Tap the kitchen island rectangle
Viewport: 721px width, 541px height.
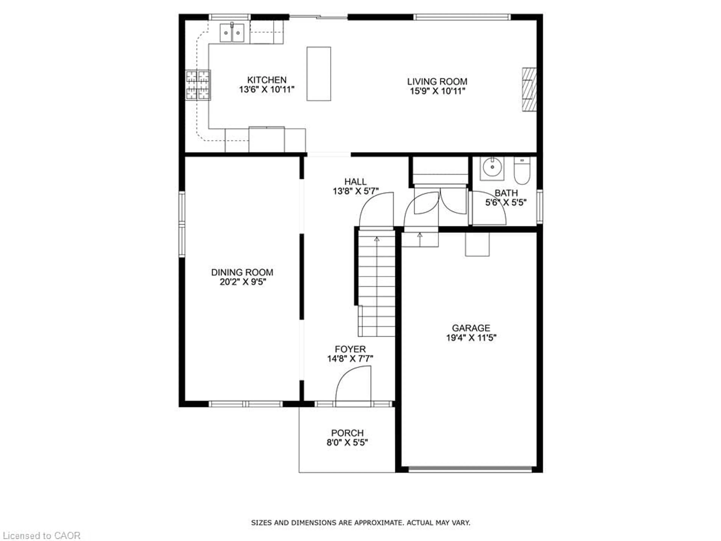coord(318,74)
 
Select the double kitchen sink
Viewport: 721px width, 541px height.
coord(232,33)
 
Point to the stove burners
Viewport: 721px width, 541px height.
coord(198,85)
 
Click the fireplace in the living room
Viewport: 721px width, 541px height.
coord(529,89)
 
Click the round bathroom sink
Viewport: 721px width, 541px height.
coord(492,168)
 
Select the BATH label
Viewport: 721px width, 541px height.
coord(506,193)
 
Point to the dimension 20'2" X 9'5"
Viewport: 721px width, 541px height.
coord(243,282)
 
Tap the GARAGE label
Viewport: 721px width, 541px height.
coord(471,328)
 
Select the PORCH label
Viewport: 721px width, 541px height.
coord(347,433)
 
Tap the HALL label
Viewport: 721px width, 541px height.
coord(355,182)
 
